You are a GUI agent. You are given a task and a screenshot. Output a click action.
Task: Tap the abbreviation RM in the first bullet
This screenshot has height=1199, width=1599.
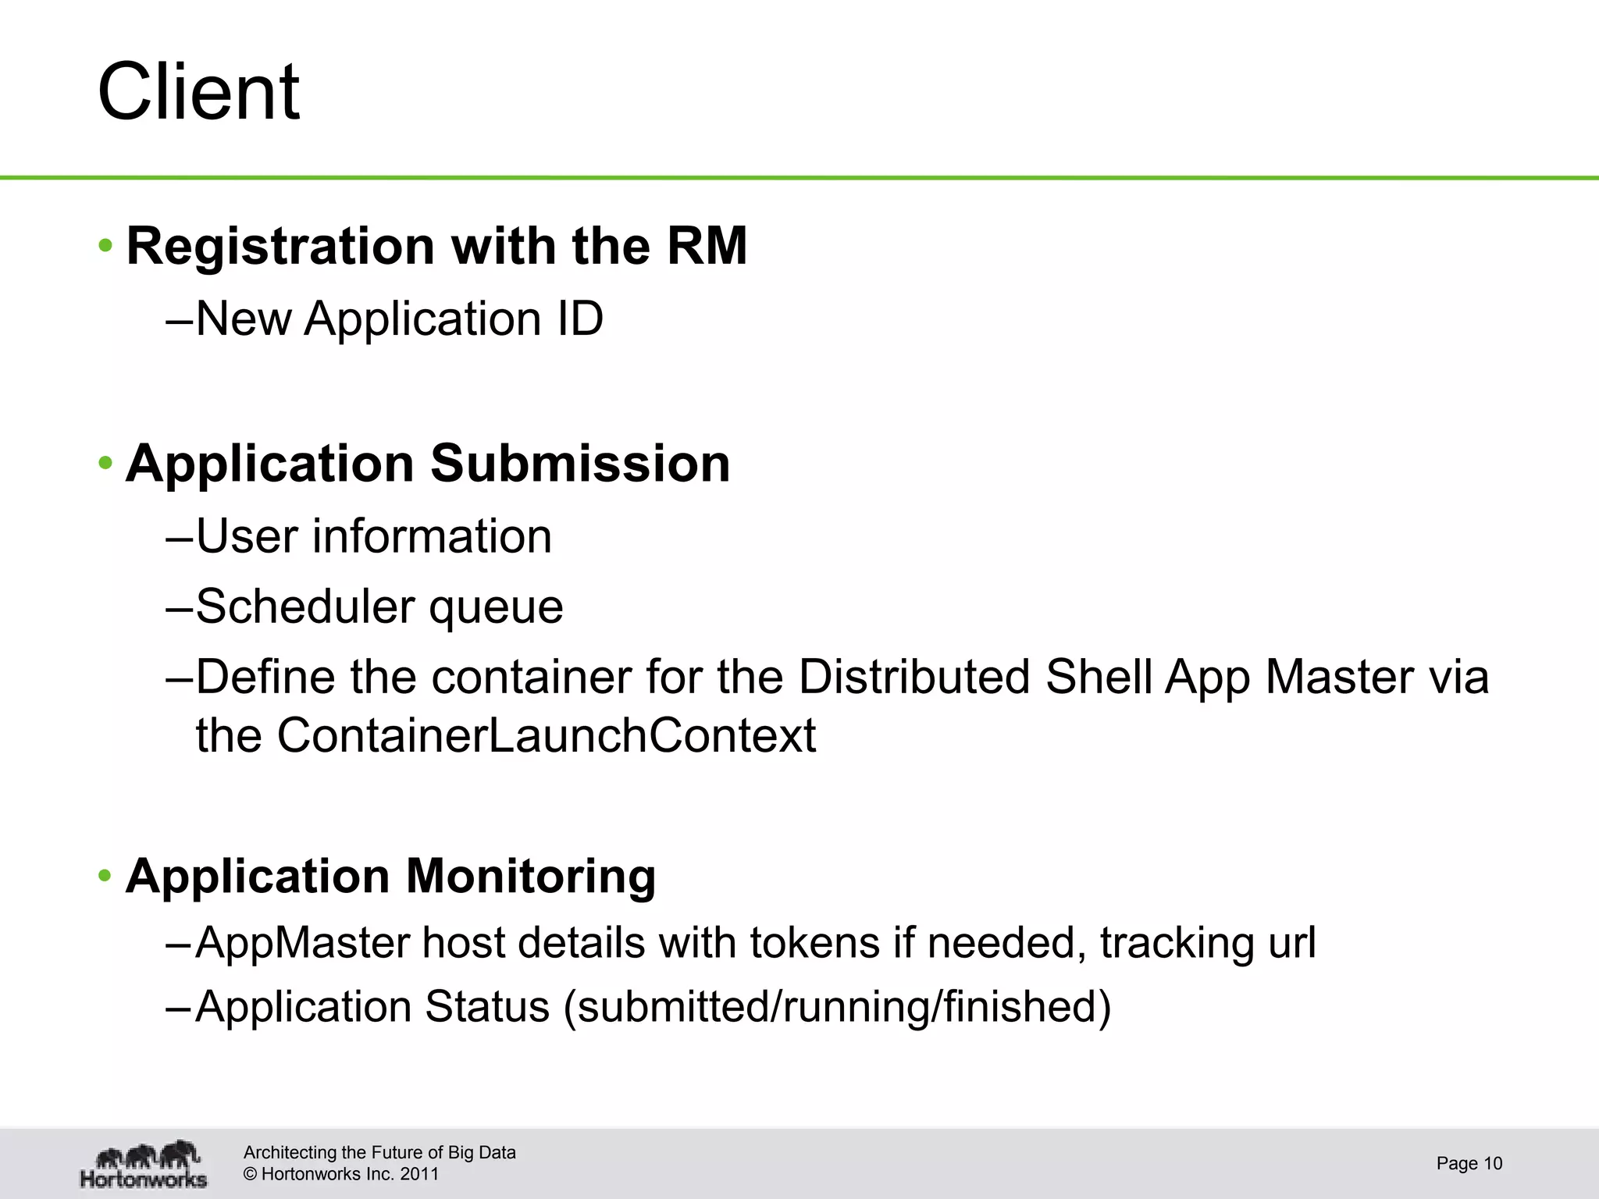(x=707, y=246)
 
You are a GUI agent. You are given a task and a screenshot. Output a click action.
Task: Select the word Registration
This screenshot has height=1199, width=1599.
(x=280, y=246)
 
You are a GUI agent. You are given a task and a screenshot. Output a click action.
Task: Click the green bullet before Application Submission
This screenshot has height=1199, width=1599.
(x=105, y=464)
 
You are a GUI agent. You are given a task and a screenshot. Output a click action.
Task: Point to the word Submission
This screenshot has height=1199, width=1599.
(x=579, y=464)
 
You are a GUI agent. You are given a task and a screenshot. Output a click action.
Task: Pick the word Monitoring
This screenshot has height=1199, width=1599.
(x=530, y=876)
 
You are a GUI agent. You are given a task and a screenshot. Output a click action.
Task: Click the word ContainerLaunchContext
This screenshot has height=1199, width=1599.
(x=546, y=735)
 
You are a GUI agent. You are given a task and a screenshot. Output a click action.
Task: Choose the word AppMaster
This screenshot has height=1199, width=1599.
(x=302, y=943)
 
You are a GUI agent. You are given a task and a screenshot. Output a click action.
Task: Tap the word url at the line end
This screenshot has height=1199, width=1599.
(x=1291, y=942)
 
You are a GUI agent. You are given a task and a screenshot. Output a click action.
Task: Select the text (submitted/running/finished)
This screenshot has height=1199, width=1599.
(x=836, y=1007)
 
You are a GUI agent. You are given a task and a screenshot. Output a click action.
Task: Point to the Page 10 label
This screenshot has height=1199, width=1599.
(x=1469, y=1164)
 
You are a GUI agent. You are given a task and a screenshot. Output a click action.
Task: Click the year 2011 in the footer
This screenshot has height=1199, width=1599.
(x=419, y=1174)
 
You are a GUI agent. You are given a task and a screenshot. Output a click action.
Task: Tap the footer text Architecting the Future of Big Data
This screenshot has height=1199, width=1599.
(x=379, y=1152)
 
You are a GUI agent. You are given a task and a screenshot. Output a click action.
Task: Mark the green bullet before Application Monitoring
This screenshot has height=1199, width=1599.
(x=105, y=876)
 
